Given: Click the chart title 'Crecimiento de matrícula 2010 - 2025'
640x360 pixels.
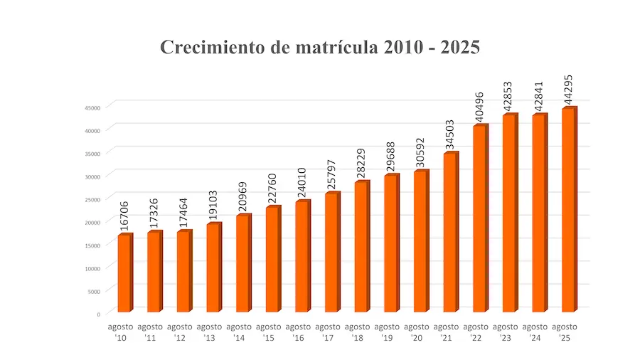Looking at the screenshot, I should point(320,48).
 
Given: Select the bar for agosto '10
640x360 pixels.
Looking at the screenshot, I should point(124,273).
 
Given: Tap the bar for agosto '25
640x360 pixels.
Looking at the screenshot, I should point(569,210).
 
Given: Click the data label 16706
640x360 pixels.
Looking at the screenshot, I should point(124,215).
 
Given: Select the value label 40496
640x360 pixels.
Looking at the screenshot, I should point(479,105).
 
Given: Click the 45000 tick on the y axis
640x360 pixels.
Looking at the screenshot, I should point(93,107).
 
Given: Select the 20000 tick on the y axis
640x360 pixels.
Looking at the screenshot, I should point(93,222).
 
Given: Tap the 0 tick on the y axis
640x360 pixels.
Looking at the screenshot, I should point(99,314).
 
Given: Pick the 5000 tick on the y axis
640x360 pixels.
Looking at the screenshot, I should point(95,291).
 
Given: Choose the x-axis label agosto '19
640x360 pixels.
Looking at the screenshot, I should point(388,332).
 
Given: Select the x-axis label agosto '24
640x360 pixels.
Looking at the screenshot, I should point(535,332).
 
